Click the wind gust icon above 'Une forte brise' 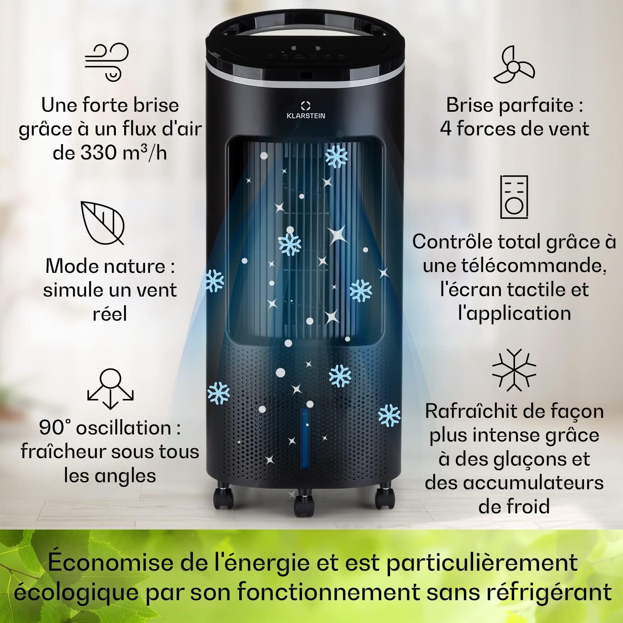click(x=107, y=61)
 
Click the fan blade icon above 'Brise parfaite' click(x=514, y=65)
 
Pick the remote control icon click(x=514, y=197)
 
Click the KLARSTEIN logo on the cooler click(x=306, y=110)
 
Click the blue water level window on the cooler click(x=305, y=432)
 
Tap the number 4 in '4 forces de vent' click(x=446, y=129)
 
